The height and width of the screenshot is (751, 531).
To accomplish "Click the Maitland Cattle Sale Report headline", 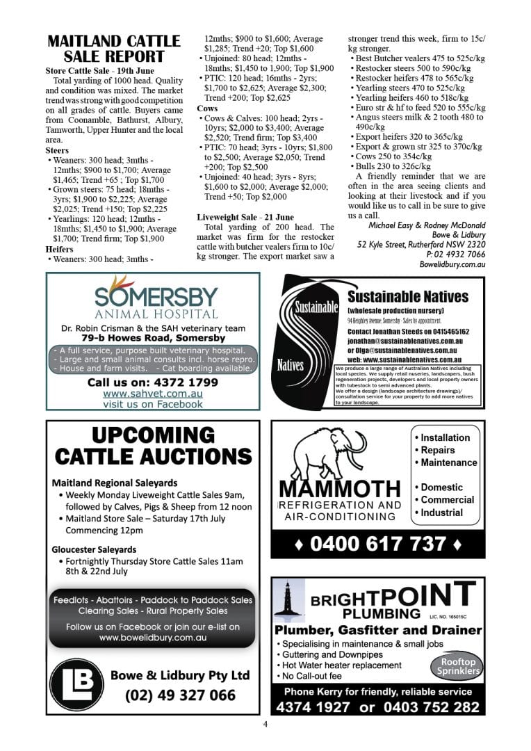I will click(x=114, y=49).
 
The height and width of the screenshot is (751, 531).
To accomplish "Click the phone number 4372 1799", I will click(x=152, y=382).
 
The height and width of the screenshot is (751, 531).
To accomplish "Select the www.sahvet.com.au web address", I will click(x=152, y=394).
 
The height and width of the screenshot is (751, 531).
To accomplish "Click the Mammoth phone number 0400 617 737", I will click(x=377, y=543).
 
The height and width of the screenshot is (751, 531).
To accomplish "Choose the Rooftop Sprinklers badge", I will click(x=457, y=667).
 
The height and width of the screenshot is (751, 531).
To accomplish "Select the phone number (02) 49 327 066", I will click(x=180, y=695).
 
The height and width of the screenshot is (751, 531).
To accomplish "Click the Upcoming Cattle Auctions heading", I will click(x=153, y=446).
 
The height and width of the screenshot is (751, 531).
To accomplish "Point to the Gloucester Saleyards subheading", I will click(x=94, y=549).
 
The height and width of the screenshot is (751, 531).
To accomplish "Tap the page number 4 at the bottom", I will click(x=265, y=724).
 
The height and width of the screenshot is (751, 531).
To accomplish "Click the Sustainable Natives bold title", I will click(x=408, y=297).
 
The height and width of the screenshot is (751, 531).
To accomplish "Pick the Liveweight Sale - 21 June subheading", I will click(x=245, y=217).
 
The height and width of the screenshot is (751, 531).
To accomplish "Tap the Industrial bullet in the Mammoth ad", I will click(x=441, y=512).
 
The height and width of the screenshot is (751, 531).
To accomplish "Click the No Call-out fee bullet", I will click(x=309, y=676).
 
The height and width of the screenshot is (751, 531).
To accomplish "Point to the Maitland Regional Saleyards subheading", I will click(x=115, y=483).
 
